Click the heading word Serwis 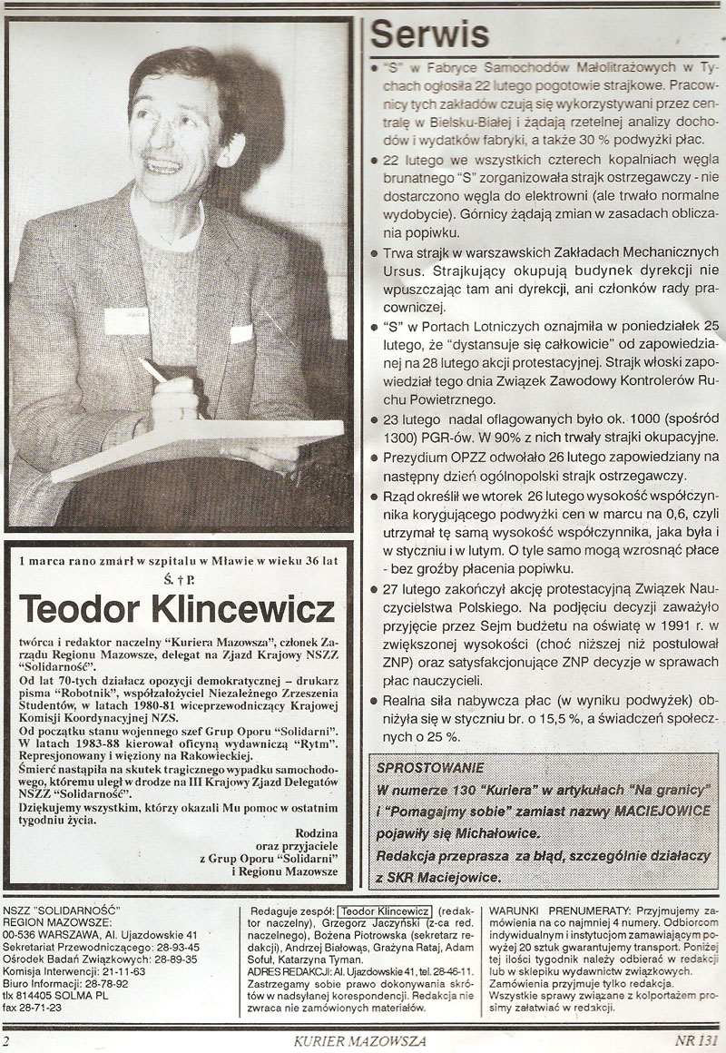(x=430, y=34)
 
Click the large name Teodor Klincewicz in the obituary (x=178, y=609)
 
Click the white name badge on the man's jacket (x=125, y=320)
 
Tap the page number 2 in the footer (x=7, y=1041)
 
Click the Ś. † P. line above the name (x=178, y=577)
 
